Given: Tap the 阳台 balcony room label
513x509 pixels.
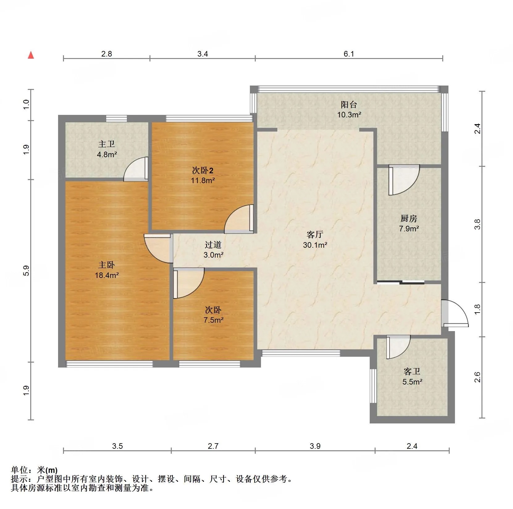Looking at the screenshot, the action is (x=349, y=105).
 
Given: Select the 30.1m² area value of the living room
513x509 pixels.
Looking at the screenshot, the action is (x=315, y=245).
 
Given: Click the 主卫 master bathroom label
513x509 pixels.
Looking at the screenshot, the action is (x=107, y=144).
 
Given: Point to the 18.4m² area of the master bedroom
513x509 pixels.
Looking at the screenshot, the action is (x=107, y=275).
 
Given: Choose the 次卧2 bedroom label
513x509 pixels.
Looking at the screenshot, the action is (x=203, y=170).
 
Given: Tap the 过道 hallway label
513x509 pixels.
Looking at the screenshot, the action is (x=213, y=245).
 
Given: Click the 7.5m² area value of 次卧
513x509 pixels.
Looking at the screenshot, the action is (x=213, y=320).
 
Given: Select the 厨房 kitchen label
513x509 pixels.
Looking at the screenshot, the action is (x=409, y=218).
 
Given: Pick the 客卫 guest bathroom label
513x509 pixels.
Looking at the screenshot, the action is (x=412, y=371).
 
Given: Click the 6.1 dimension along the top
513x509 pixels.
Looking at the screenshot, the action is (x=349, y=54).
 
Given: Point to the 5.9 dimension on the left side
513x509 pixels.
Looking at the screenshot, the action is (x=27, y=271).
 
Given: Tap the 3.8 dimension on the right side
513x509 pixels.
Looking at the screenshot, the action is (x=477, y=224).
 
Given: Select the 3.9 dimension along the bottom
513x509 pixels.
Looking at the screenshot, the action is (x=315, y=446).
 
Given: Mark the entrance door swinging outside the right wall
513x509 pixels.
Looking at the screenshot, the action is (x=455, y=313).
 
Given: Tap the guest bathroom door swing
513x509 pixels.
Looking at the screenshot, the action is (x=398, y=347).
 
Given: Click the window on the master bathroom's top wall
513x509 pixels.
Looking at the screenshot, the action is (x=116, y=119).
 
